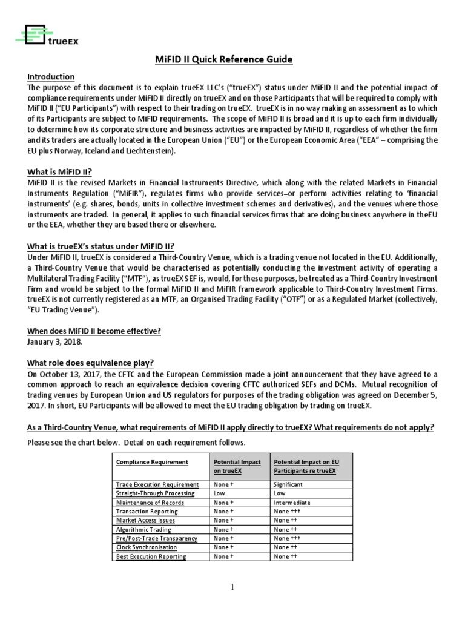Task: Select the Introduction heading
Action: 51,77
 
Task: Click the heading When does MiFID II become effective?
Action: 94,331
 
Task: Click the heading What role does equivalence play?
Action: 91,363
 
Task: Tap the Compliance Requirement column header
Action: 152,462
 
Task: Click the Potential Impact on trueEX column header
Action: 237,466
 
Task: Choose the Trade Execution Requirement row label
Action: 157,484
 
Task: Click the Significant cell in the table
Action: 288,484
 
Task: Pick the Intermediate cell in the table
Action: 292,503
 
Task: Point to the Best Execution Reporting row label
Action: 151,556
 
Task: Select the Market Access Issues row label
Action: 146,520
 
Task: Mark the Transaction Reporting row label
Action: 147,511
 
